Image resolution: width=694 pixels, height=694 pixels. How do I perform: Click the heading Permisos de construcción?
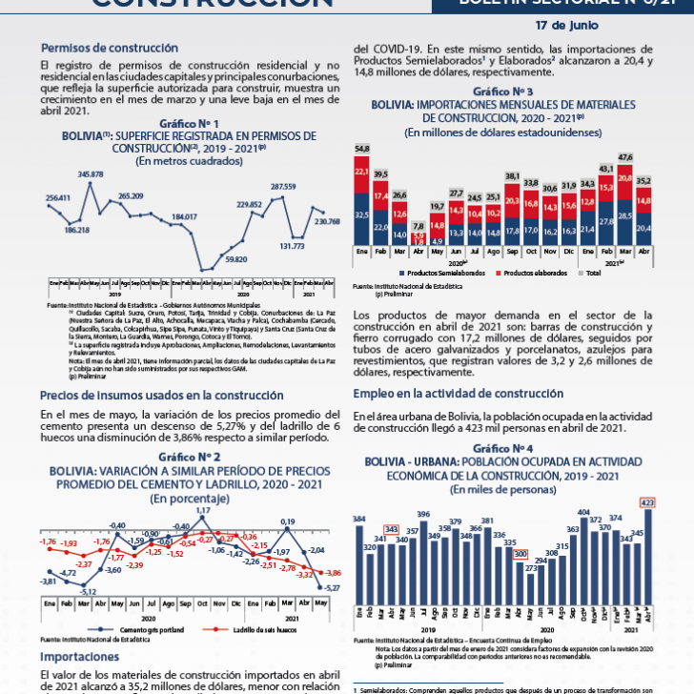pos(110,47)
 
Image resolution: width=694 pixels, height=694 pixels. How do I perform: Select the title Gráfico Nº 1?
pos(189,124)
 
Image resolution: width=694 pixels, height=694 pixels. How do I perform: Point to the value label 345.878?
pos(91,174)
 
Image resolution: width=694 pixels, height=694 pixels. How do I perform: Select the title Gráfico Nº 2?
pos(189,458)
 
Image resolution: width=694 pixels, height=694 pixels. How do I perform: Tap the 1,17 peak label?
pos(202,511)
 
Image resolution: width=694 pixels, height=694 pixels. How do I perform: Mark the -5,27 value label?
pos(330,588)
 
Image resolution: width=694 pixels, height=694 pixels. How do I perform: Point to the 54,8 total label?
pos(362,150)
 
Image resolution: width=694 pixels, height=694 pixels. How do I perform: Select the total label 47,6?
pos(625,156)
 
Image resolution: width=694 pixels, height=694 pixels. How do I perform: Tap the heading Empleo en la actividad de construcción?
pos(458,394)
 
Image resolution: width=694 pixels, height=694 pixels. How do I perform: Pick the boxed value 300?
pos(520,554)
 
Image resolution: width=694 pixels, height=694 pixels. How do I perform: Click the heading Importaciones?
pos(80,658)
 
